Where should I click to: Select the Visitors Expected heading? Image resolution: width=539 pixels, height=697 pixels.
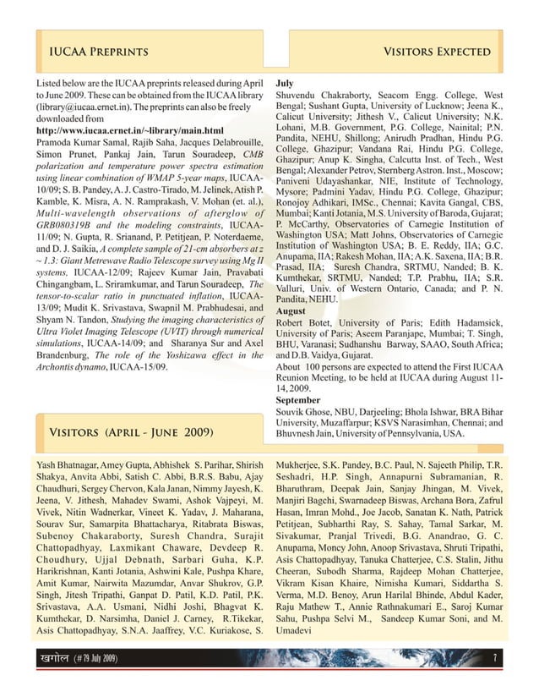(438, 52)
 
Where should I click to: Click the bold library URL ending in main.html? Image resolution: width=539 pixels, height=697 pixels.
(128, 131)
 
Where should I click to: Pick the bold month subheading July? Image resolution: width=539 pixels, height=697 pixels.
(285, 85)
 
